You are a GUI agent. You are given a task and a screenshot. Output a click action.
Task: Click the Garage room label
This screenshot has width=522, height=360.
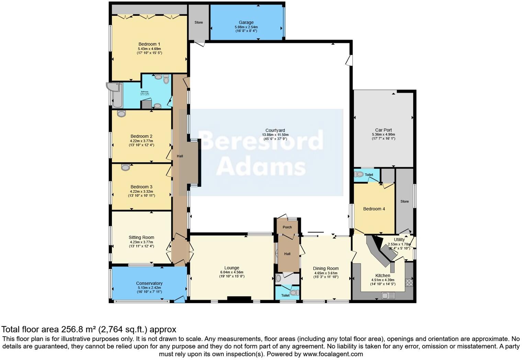[246, 22]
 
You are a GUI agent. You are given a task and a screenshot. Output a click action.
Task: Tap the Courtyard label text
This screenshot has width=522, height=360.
[275, 131]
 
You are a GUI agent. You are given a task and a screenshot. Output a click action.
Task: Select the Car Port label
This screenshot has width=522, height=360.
[383, 130]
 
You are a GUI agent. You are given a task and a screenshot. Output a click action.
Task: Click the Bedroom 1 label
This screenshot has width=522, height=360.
[149, 44]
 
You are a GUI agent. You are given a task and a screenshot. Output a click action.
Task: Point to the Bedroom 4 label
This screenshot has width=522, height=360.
[374, 209]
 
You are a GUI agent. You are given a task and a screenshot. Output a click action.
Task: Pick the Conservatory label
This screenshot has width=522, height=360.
[149, 283]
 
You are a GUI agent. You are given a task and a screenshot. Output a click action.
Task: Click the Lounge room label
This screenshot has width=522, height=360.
[231, 268]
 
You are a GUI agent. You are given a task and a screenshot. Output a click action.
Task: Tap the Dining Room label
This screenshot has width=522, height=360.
[326, 269]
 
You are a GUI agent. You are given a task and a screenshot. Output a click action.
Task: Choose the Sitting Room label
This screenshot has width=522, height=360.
[141, 237]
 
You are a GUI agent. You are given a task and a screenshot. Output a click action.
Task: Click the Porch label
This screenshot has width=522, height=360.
[287, 227]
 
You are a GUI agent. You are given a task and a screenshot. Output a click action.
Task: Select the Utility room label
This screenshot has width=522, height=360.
[399, 240]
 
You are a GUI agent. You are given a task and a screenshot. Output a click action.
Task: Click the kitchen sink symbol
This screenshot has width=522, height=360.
[388, 295]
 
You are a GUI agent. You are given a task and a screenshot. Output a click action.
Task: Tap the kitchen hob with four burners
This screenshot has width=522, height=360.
[409, 283]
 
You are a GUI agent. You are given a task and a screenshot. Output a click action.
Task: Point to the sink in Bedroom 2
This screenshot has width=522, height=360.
[121, 113]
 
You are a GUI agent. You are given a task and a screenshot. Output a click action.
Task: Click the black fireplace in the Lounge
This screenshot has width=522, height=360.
[239, 299]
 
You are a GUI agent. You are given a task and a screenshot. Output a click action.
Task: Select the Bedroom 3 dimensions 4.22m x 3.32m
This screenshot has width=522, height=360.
[141, 192]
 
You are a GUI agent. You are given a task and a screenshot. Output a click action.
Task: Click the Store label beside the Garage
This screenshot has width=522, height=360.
[198, 22]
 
